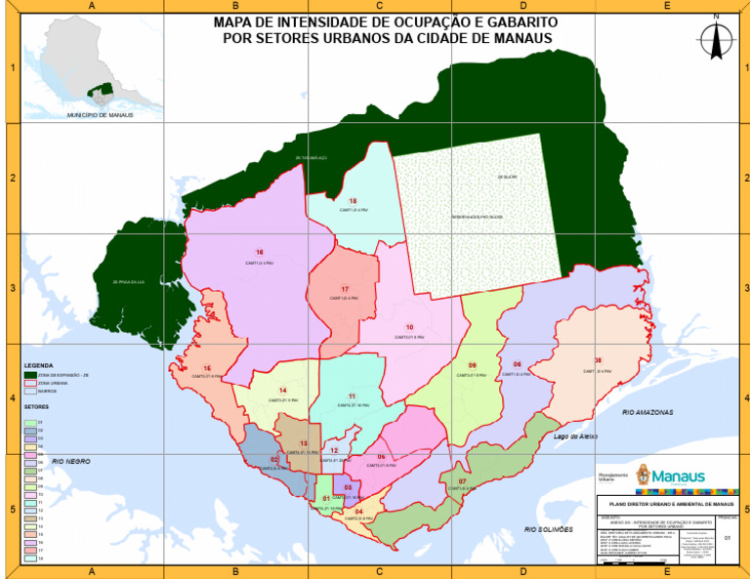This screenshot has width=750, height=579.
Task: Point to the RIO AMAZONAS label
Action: pos(648,413)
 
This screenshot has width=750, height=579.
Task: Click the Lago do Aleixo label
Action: pos(575,436)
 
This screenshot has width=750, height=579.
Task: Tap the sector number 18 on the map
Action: pos(353,201)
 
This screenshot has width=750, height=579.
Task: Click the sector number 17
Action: pos(346,289)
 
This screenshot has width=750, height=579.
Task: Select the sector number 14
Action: pos(282,391)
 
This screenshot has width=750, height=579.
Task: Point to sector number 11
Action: pos(351,396)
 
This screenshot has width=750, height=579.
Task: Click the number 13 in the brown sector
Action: pos(303,443)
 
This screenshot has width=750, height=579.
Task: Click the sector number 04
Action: pos(359,512)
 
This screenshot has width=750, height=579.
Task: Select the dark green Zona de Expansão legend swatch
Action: pos(29,375)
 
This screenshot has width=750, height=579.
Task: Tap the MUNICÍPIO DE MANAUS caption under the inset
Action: pos(100,114)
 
